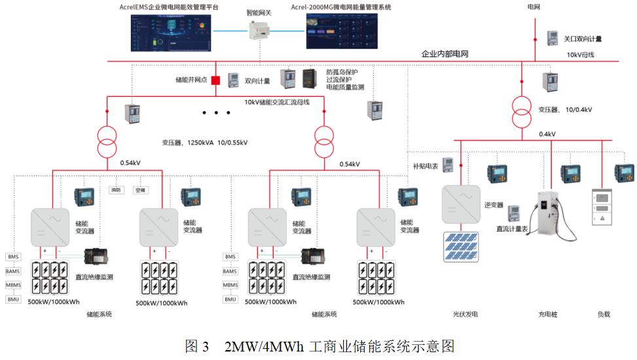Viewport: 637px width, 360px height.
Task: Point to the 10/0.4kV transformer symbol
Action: click(521, 111)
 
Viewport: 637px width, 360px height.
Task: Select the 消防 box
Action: click(115, 190)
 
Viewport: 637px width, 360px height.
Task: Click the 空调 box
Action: click(140, 190)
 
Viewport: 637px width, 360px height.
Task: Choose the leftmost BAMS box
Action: click(12, 271)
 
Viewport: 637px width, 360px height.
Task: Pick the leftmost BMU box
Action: click(12, 299)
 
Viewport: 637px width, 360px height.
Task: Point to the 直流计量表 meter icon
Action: click(513, 212)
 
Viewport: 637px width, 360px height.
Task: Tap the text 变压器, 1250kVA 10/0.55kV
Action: click(205, 142)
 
